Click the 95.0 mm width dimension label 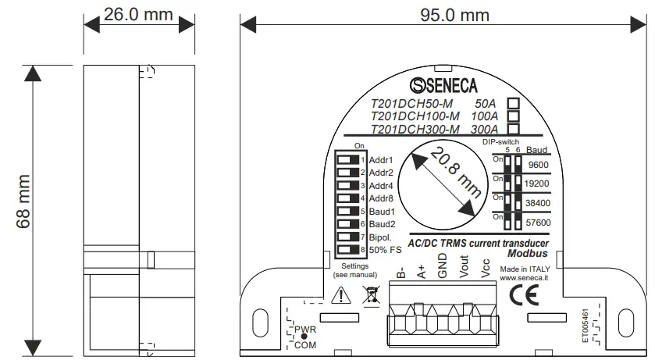click(444, 15)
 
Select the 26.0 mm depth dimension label click(138, 15)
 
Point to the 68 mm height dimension click(24, 211)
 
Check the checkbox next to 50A click(514, 103)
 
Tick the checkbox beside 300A click(514, 129)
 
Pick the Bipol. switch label click(381, 237)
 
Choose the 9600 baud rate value click(538, 165)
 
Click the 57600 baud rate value click(539, 223)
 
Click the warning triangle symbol click(341, 295)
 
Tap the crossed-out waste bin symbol click(370, 295)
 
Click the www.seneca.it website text click(523, 277)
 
